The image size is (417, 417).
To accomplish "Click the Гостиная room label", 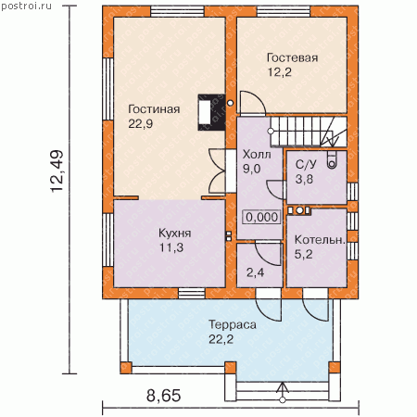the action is coord(154,109).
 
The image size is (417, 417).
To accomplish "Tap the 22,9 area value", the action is coord(141,124).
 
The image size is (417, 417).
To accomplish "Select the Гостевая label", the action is coord(292,57).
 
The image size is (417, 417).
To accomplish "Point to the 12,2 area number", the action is coord(279,72).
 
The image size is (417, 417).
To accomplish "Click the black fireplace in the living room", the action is coord(211,112).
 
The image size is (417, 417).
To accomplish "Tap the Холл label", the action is coord(257,154).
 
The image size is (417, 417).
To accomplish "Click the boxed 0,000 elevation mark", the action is coord(261,217).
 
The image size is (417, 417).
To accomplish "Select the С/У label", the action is coord(306,165).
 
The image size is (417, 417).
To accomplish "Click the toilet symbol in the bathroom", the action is coord(332,160).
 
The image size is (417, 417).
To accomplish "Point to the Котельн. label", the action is coord(320,240).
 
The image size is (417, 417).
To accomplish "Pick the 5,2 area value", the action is coord(303,255).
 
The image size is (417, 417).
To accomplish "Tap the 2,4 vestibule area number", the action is coord(255,272).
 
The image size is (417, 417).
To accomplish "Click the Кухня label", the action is coord(175,234).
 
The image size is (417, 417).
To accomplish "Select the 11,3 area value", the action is coord(171,247).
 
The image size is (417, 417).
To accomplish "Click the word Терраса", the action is coord(233,325).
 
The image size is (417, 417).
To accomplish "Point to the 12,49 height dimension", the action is coord(57,171).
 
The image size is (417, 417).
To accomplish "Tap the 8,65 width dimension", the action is coord(163,396).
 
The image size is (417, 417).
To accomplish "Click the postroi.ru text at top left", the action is coord(26,6).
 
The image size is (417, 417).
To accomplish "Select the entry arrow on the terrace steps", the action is coord(283,392).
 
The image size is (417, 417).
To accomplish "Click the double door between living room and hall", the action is coord(218,171).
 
